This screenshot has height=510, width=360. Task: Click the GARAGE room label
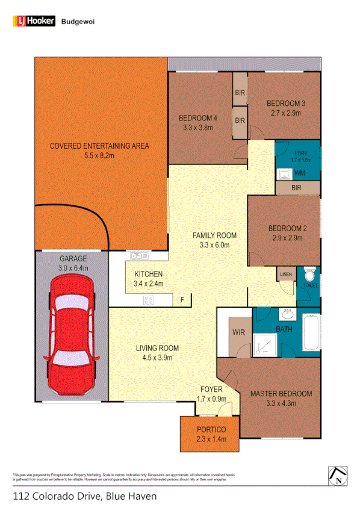pyautogui.click(x=73, y=259)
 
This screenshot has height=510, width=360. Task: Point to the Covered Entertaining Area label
pyautogui.click(x=99, y=146)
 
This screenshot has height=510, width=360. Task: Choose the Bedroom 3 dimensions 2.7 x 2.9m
pyautogui.click(x=285, y=113)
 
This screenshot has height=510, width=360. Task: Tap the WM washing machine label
pyautogui.click(x=300, y=173)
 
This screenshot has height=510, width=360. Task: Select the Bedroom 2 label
pyautogui.click(x=287, y=228)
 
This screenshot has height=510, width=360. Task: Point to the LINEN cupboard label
pyautogui.click(x=285, y=275)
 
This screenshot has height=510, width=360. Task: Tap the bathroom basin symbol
pyautogui.click(x=288, y=314)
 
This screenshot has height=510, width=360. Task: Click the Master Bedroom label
pyautogui.click(x=281, y=394)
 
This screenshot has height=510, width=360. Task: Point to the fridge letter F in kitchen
pyautogui.click(x=182, y=299)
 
